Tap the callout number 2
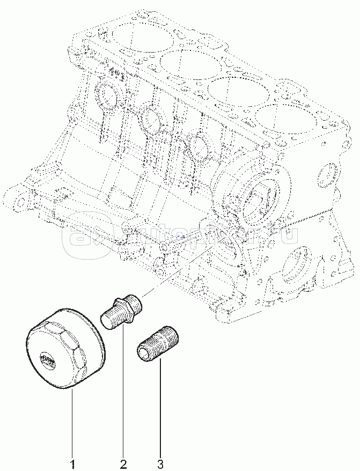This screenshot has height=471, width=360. click(x=123, y=462)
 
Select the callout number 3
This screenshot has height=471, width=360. click(x=160, y=462)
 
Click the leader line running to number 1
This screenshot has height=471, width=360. click(x=72, y=424)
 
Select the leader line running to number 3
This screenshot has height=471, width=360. click(x=160, y=408)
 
